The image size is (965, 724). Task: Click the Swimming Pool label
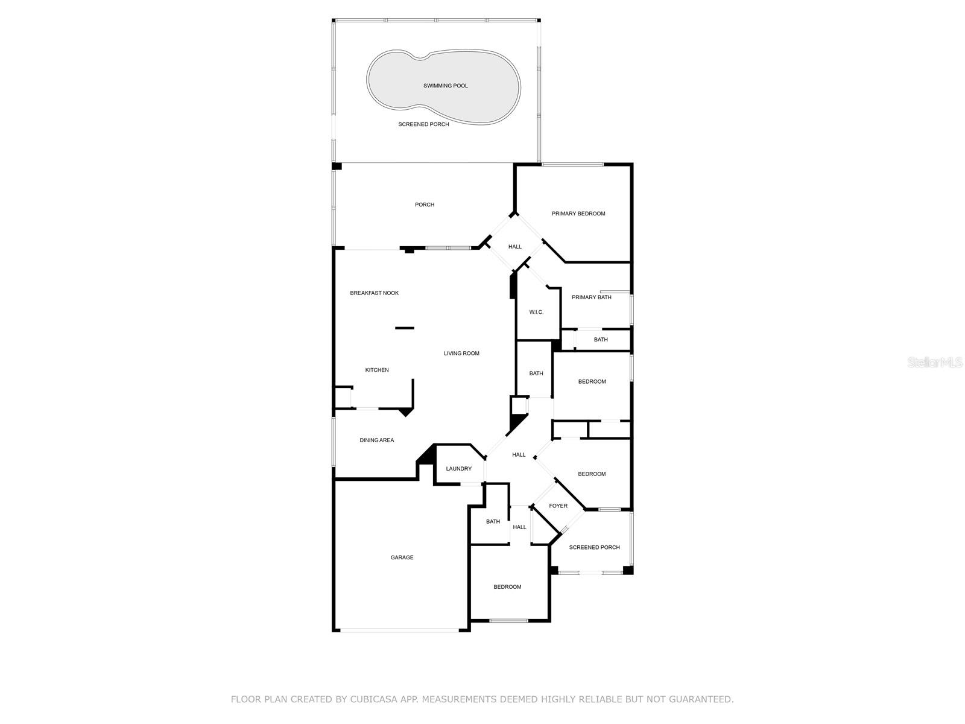pos(445,86)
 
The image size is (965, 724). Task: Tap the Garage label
pos(402,557)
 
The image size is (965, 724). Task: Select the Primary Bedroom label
pos(578,214)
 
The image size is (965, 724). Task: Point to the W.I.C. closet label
pos(536,312)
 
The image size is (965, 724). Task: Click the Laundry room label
pos(458,469)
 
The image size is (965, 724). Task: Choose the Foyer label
pos(558,506)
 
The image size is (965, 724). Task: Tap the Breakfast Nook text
pos(374,293)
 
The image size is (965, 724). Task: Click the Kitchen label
pos(377,370)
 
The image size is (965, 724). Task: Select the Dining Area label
pos(376,440)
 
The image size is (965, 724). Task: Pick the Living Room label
pos(461,354)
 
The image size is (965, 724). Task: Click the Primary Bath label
pos(591,297)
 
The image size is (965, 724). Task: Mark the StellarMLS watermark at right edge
pos(935,363)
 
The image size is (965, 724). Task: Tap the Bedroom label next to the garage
pos(507,587)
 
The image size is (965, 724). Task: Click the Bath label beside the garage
pos(493,522)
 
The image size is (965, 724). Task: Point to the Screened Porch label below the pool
pos(423,124)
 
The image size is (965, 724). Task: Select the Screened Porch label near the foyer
pos(594,547)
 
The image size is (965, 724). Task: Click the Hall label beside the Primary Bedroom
pos(514,247)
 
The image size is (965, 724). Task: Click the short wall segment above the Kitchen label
pos(405,328)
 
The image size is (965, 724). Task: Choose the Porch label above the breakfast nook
pos(424,205)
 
